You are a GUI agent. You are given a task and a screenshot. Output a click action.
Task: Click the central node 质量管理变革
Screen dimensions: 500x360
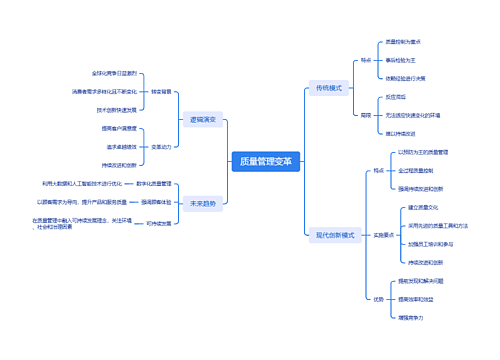pos(266,160)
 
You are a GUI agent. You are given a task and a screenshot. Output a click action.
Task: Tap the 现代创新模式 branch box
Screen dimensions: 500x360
pos(334,235)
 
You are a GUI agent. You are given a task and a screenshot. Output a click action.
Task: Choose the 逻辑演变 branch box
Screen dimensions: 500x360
pos(203,119)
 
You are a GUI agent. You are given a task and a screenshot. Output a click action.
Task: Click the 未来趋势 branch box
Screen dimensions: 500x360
pos(203,203)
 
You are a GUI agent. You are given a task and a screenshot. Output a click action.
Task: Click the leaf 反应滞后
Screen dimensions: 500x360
pos(395,97)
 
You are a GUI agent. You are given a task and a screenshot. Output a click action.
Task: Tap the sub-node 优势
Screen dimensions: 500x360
pos(378,298)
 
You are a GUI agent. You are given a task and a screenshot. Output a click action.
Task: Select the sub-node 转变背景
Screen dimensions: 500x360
pos(161,91)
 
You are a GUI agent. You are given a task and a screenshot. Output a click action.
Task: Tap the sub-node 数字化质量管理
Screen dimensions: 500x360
pos(154,184)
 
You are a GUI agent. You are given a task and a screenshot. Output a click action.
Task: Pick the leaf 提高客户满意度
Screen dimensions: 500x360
pos(119,128)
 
